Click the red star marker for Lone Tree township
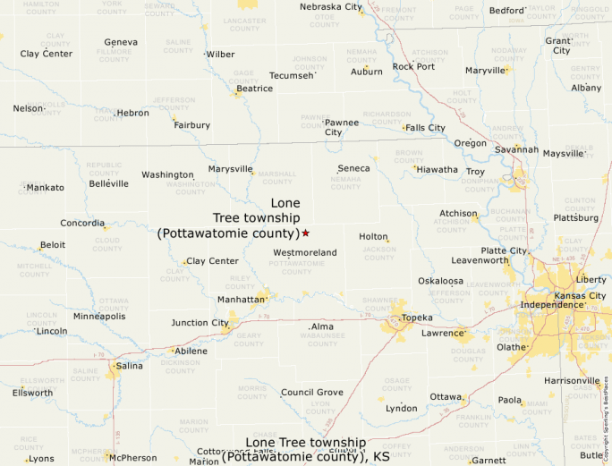pyautogui.click(x=305, y=233)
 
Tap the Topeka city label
pyautogui.click(x=417, y=318)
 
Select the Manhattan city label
pyautogui.click(x=241, y=300)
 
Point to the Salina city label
pyautogui.click(x=129, y=366)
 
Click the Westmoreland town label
pyautogui.click(x=305, y=253)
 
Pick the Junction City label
pyautogui.click(x=200, y=323)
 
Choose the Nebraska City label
pyautogui.click(x=331, y=7)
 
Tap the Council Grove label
pyautogui.click(x=311, y=393)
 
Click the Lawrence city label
pyautogui.click(x=443, y=334)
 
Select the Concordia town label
pyautogui.click(x=82, y=223)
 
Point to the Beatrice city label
pyautogui.click(x=255, y=89)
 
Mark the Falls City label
pyautogui.click(x=425, y=128)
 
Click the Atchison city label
pyautogui.click(x=458, y=214)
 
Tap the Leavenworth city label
pyautogui.click(x=480, y=260)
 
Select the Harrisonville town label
pyautogui.click(x=573, y=381)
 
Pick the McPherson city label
pyautogui.click(x=133, y=458)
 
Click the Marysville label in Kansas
pyautogui.click(x=230, y=169)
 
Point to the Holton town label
pyautogui.click(x=373, y=237)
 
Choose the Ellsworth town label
pyautogui.click(x=32, y=393)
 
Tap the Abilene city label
pyautogui.click(x=191, y=351)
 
